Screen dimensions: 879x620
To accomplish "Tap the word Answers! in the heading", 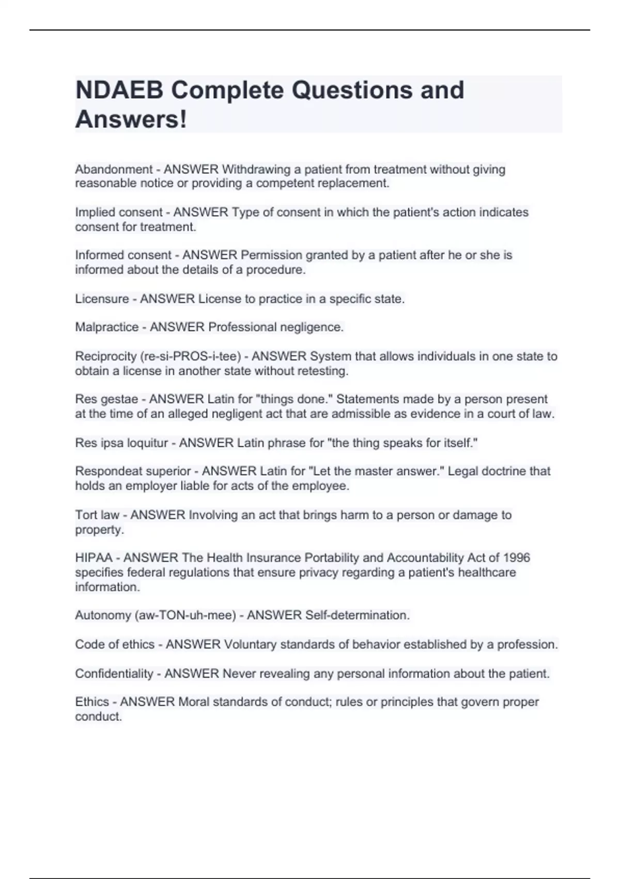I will tap(131, 119).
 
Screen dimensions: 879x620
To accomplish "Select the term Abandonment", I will tap(114, 169).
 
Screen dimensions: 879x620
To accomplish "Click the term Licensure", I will tap(102, 299).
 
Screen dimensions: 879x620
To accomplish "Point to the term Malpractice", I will tap(106, 327).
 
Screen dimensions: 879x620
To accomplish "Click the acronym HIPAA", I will tap(94, 558).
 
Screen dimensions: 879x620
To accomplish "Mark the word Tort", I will tap(86, 515).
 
